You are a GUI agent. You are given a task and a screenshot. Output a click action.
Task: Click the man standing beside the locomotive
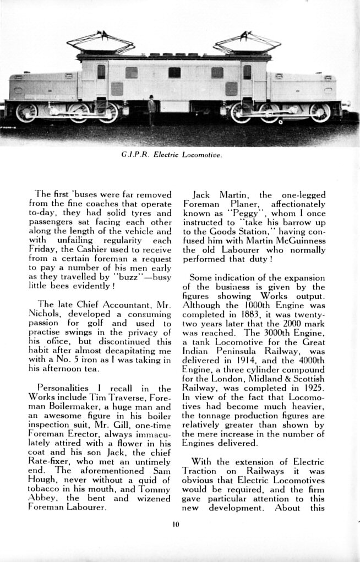click(151, 108)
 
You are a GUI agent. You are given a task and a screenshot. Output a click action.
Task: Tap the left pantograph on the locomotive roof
click(101, 43)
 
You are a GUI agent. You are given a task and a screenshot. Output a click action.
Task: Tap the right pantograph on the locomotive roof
click(247, 42)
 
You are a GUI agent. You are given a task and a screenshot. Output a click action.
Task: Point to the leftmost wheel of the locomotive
click(26, 112)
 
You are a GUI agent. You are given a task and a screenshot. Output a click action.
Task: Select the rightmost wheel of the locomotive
click(320, 112)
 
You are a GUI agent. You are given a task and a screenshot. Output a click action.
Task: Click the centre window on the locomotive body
click(174, 72)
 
